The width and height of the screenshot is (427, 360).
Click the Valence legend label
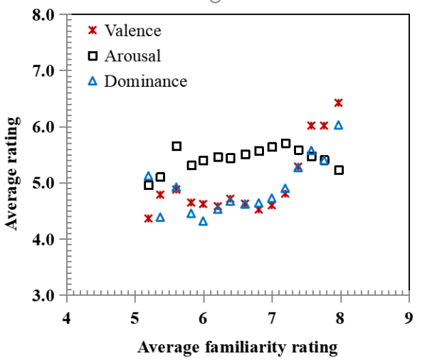click(132, 31)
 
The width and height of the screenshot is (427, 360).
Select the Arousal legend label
click(132, 55)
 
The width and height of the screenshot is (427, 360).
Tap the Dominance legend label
click(145, 81)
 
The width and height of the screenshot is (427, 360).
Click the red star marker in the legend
click(92, 31)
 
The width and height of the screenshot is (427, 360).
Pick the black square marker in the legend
click(92, 55)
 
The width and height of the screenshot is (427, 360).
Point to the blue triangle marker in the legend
click(92, 81)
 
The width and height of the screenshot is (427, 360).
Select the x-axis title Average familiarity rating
click(237, 347)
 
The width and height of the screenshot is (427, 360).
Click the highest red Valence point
click(339, 103)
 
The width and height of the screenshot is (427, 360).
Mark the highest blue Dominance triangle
click(339, 125)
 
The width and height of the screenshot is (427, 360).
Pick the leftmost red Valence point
click(149, 218)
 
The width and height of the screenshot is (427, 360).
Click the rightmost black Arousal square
click(339, 170)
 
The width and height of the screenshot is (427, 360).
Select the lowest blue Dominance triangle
click(204, 221)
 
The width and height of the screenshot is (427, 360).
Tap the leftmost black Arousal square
click(149, 185)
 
